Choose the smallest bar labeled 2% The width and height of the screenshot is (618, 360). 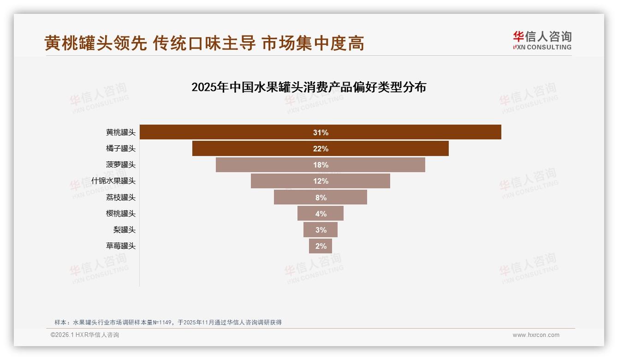coord(321,246)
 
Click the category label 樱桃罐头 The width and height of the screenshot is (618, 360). coord(121,213)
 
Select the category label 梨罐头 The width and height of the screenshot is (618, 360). coord(125,229)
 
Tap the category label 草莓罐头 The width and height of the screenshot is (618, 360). coord(121,246)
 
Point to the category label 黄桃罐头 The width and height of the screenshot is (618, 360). coord(121,132)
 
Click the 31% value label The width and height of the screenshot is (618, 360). coord(321,132)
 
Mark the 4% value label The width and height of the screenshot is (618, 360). coord(321,214)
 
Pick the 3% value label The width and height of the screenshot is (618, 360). coord(321,230)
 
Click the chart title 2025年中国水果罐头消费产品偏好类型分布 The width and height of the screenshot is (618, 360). coord(309,87)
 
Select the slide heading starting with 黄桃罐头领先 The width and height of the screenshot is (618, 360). coord(204,43)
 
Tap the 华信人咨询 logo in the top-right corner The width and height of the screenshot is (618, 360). coord(542,40)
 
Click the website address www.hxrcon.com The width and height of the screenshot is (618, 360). coord(536,335)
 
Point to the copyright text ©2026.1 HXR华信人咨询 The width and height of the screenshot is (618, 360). coord(85,335)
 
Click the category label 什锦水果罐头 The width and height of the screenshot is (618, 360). coord(113,181)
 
